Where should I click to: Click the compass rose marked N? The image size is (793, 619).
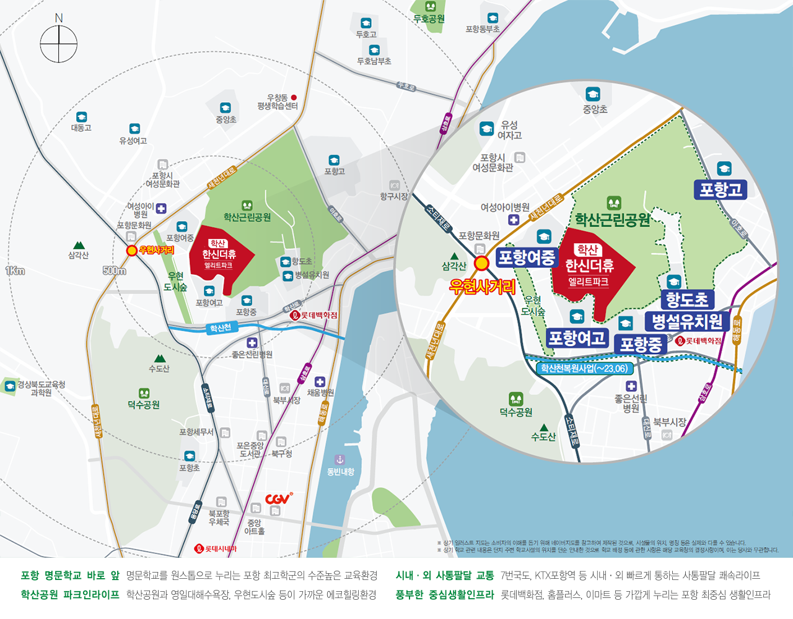(x=59, y=44)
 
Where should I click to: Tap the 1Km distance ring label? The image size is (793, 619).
(x=15, y=271)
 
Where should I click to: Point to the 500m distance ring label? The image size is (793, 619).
(x=115, y=271)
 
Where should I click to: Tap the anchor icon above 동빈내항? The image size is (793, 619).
(x=340, y=460)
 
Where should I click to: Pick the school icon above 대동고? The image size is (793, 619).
(x=81, y=117)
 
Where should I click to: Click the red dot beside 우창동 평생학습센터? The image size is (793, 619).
(x=294, y=97)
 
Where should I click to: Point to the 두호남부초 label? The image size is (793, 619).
(x=374, y=61)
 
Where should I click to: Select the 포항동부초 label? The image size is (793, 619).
(x=483, y=29)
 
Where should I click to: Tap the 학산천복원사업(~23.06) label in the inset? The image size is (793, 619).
(x=584, y=368)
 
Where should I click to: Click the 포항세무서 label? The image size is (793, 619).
(x=196, y=432)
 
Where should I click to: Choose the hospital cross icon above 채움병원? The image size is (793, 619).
(x=320, y=382)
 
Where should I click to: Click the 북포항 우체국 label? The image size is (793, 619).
(x=219, y=517)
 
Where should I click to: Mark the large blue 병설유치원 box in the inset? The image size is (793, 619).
(x=687, y=321)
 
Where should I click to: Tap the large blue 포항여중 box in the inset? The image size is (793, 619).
(x=527, y=258)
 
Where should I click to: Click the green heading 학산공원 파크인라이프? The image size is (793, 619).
(x=69, y=595)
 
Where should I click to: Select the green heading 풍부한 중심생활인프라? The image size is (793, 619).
(x=444, y=595)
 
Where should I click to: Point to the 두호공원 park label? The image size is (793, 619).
(x=429, y=19)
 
